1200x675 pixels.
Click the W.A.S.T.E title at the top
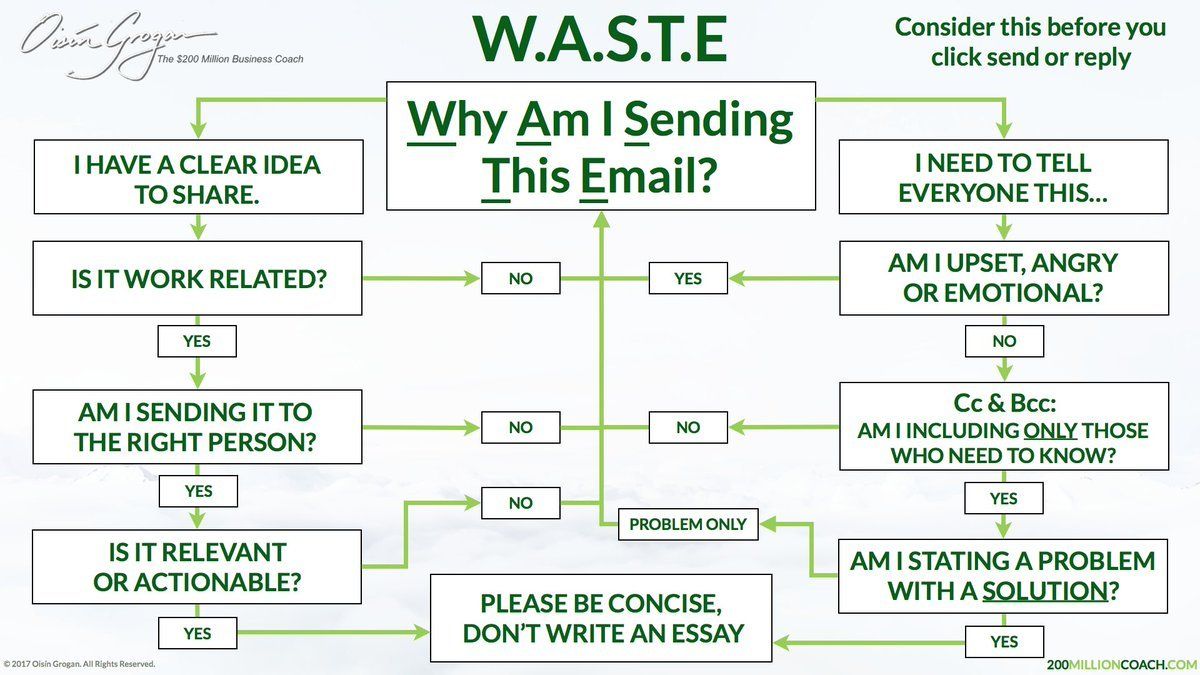600,40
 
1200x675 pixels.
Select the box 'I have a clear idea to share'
198,177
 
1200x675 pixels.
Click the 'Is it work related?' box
197,278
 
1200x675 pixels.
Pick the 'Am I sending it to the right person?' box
197,427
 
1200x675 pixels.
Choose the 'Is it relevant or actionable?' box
197,567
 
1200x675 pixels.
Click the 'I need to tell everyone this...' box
1003,177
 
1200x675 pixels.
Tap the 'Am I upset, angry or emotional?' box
1004,278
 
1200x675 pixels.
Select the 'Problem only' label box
688,524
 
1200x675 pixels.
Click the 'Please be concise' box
601,618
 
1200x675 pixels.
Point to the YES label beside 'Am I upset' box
688,278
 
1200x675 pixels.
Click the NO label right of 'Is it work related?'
521,278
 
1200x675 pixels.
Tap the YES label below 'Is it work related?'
197,341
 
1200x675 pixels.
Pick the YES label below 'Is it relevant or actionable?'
197,633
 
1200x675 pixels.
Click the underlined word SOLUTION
1045,591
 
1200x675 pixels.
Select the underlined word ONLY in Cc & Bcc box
1050,431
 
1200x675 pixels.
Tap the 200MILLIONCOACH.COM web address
1122,664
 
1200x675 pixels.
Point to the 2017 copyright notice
79,664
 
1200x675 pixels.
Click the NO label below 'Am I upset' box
1004,341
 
